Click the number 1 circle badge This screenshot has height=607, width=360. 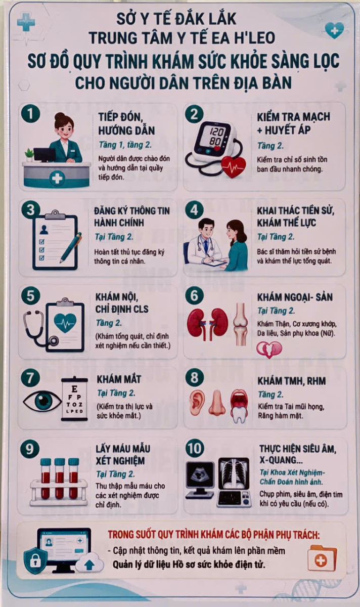(x=31, y=114)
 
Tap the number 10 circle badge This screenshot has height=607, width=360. (x=195, y=449)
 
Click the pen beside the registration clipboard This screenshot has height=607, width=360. (x=71, y=248)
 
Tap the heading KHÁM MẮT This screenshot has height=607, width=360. (x=119, y=379)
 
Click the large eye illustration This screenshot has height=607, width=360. (x=42, y=400)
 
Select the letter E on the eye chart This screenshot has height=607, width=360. (x=74, y=389)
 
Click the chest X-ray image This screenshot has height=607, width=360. (x=234, y=474)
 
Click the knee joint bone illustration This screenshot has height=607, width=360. (x=241, y=324)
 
